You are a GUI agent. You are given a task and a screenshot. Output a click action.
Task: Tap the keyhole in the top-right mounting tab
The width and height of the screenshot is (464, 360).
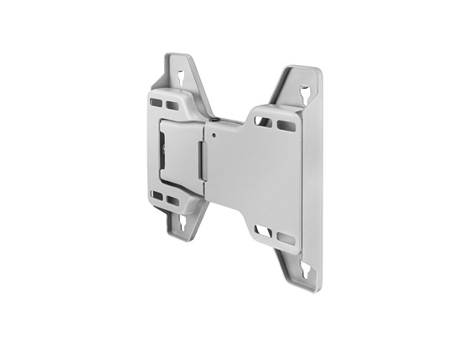pos(309,89)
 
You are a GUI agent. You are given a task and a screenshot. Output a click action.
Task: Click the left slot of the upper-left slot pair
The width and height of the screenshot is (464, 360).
pos(156,103)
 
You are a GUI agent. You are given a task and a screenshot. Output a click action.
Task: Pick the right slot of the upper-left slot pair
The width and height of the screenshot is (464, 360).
pos(172,105)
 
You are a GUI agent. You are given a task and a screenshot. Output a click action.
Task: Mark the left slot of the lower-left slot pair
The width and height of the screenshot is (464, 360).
pos(157,195)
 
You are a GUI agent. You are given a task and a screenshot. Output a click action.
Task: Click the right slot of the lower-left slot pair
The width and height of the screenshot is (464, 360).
pos(172,201)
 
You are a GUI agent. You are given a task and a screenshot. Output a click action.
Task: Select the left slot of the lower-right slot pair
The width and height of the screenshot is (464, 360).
pos(263,231)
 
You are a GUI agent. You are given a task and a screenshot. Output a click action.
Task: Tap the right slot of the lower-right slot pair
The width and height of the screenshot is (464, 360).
pos(285,239)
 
